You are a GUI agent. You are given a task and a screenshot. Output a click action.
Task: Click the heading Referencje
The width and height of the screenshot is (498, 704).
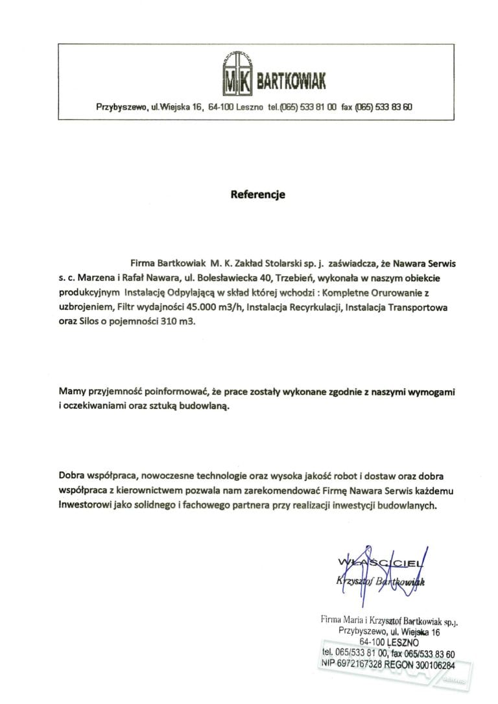(x=258, y=193)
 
